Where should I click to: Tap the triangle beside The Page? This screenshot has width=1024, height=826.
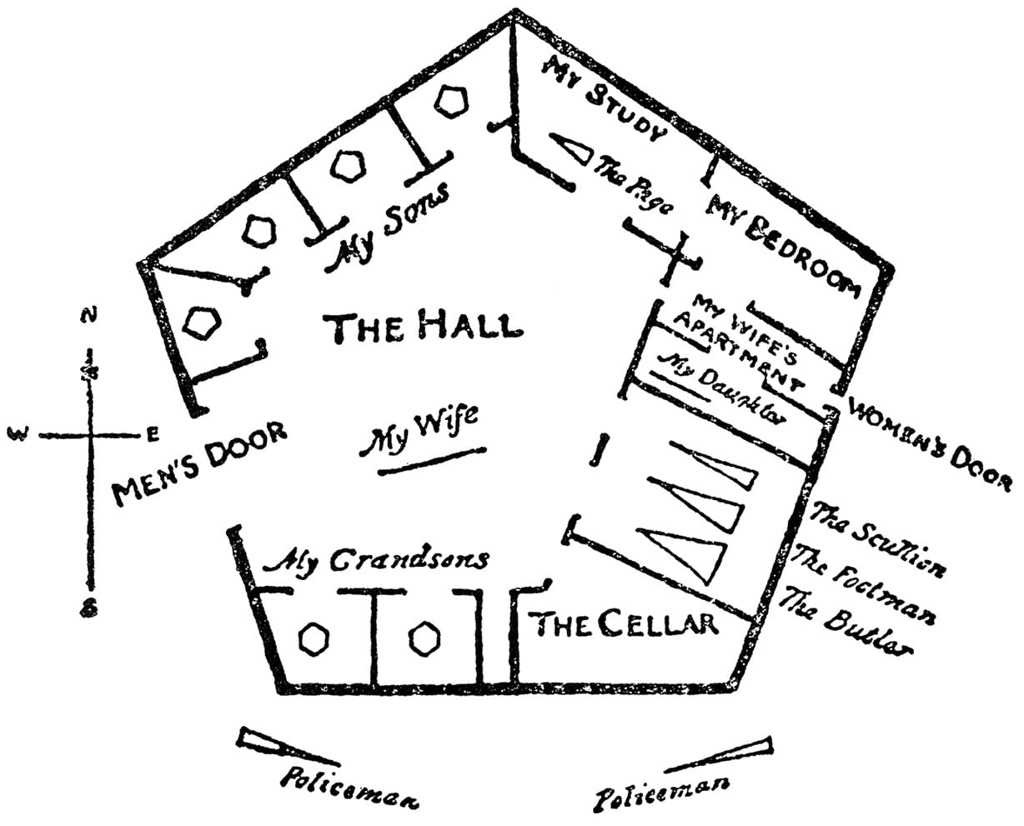pyautogui.click(x=570, y=150)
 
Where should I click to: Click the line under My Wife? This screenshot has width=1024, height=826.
pyautogui.click(x=431, y=461)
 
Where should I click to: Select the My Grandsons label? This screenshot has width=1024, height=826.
pyautogui.click(x=376, y=561)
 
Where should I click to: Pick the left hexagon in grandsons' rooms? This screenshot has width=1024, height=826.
pyautogui.click(x=314, y=639)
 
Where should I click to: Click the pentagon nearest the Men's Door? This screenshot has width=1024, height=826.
pyautogui.click(x=202, y=322)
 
